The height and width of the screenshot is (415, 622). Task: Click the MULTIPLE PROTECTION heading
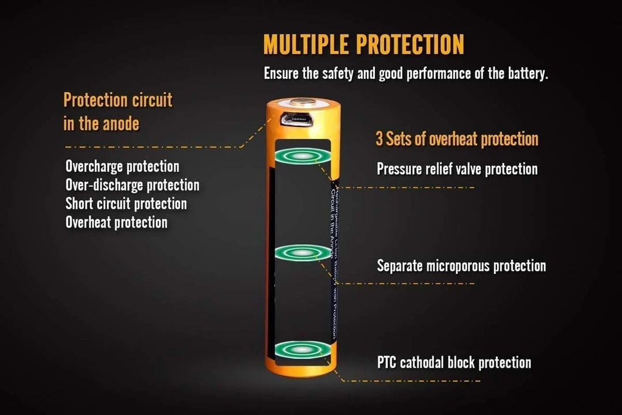[x=363, y=45]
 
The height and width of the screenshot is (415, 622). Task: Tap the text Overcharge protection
[x=122, y=167]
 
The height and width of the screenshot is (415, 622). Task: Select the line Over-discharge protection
[x=132, y=185]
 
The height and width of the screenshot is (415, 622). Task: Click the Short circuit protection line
[x=126, y=203]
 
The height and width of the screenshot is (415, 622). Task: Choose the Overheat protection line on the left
[x=116, y=222]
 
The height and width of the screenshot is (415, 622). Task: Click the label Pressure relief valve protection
[x=457, y=169]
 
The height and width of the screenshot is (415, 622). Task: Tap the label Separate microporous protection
[x=461, y=266]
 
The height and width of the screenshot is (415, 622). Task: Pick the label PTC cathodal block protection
[x=454, y=363]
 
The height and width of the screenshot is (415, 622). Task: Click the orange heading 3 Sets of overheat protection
[x=457, y=139]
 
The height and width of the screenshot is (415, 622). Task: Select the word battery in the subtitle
[x=525, y=74]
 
